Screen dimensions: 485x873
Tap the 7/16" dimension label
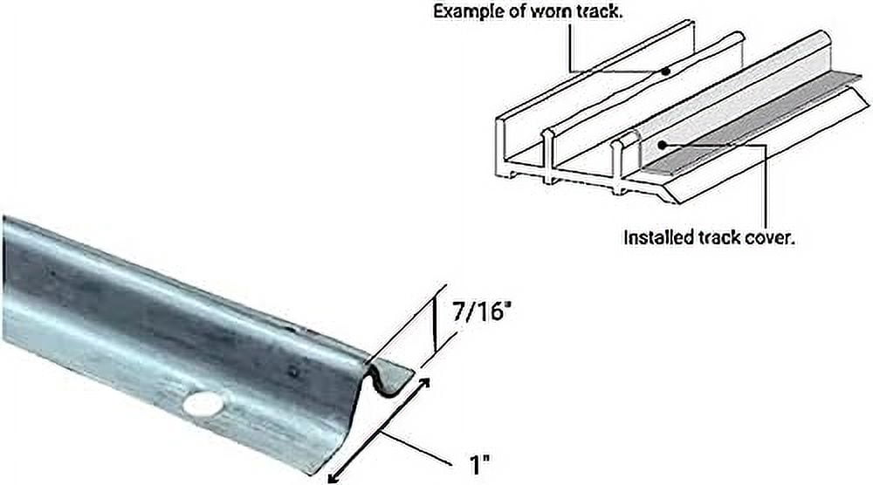click(479, 311)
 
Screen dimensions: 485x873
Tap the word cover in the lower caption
click(767, 237)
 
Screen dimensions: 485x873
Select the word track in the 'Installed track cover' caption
click(714, 237)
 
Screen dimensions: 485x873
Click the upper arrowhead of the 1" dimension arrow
click(424, 382)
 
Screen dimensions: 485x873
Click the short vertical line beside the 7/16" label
click(434, 324)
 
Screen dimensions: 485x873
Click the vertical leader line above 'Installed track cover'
click(766, 188)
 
